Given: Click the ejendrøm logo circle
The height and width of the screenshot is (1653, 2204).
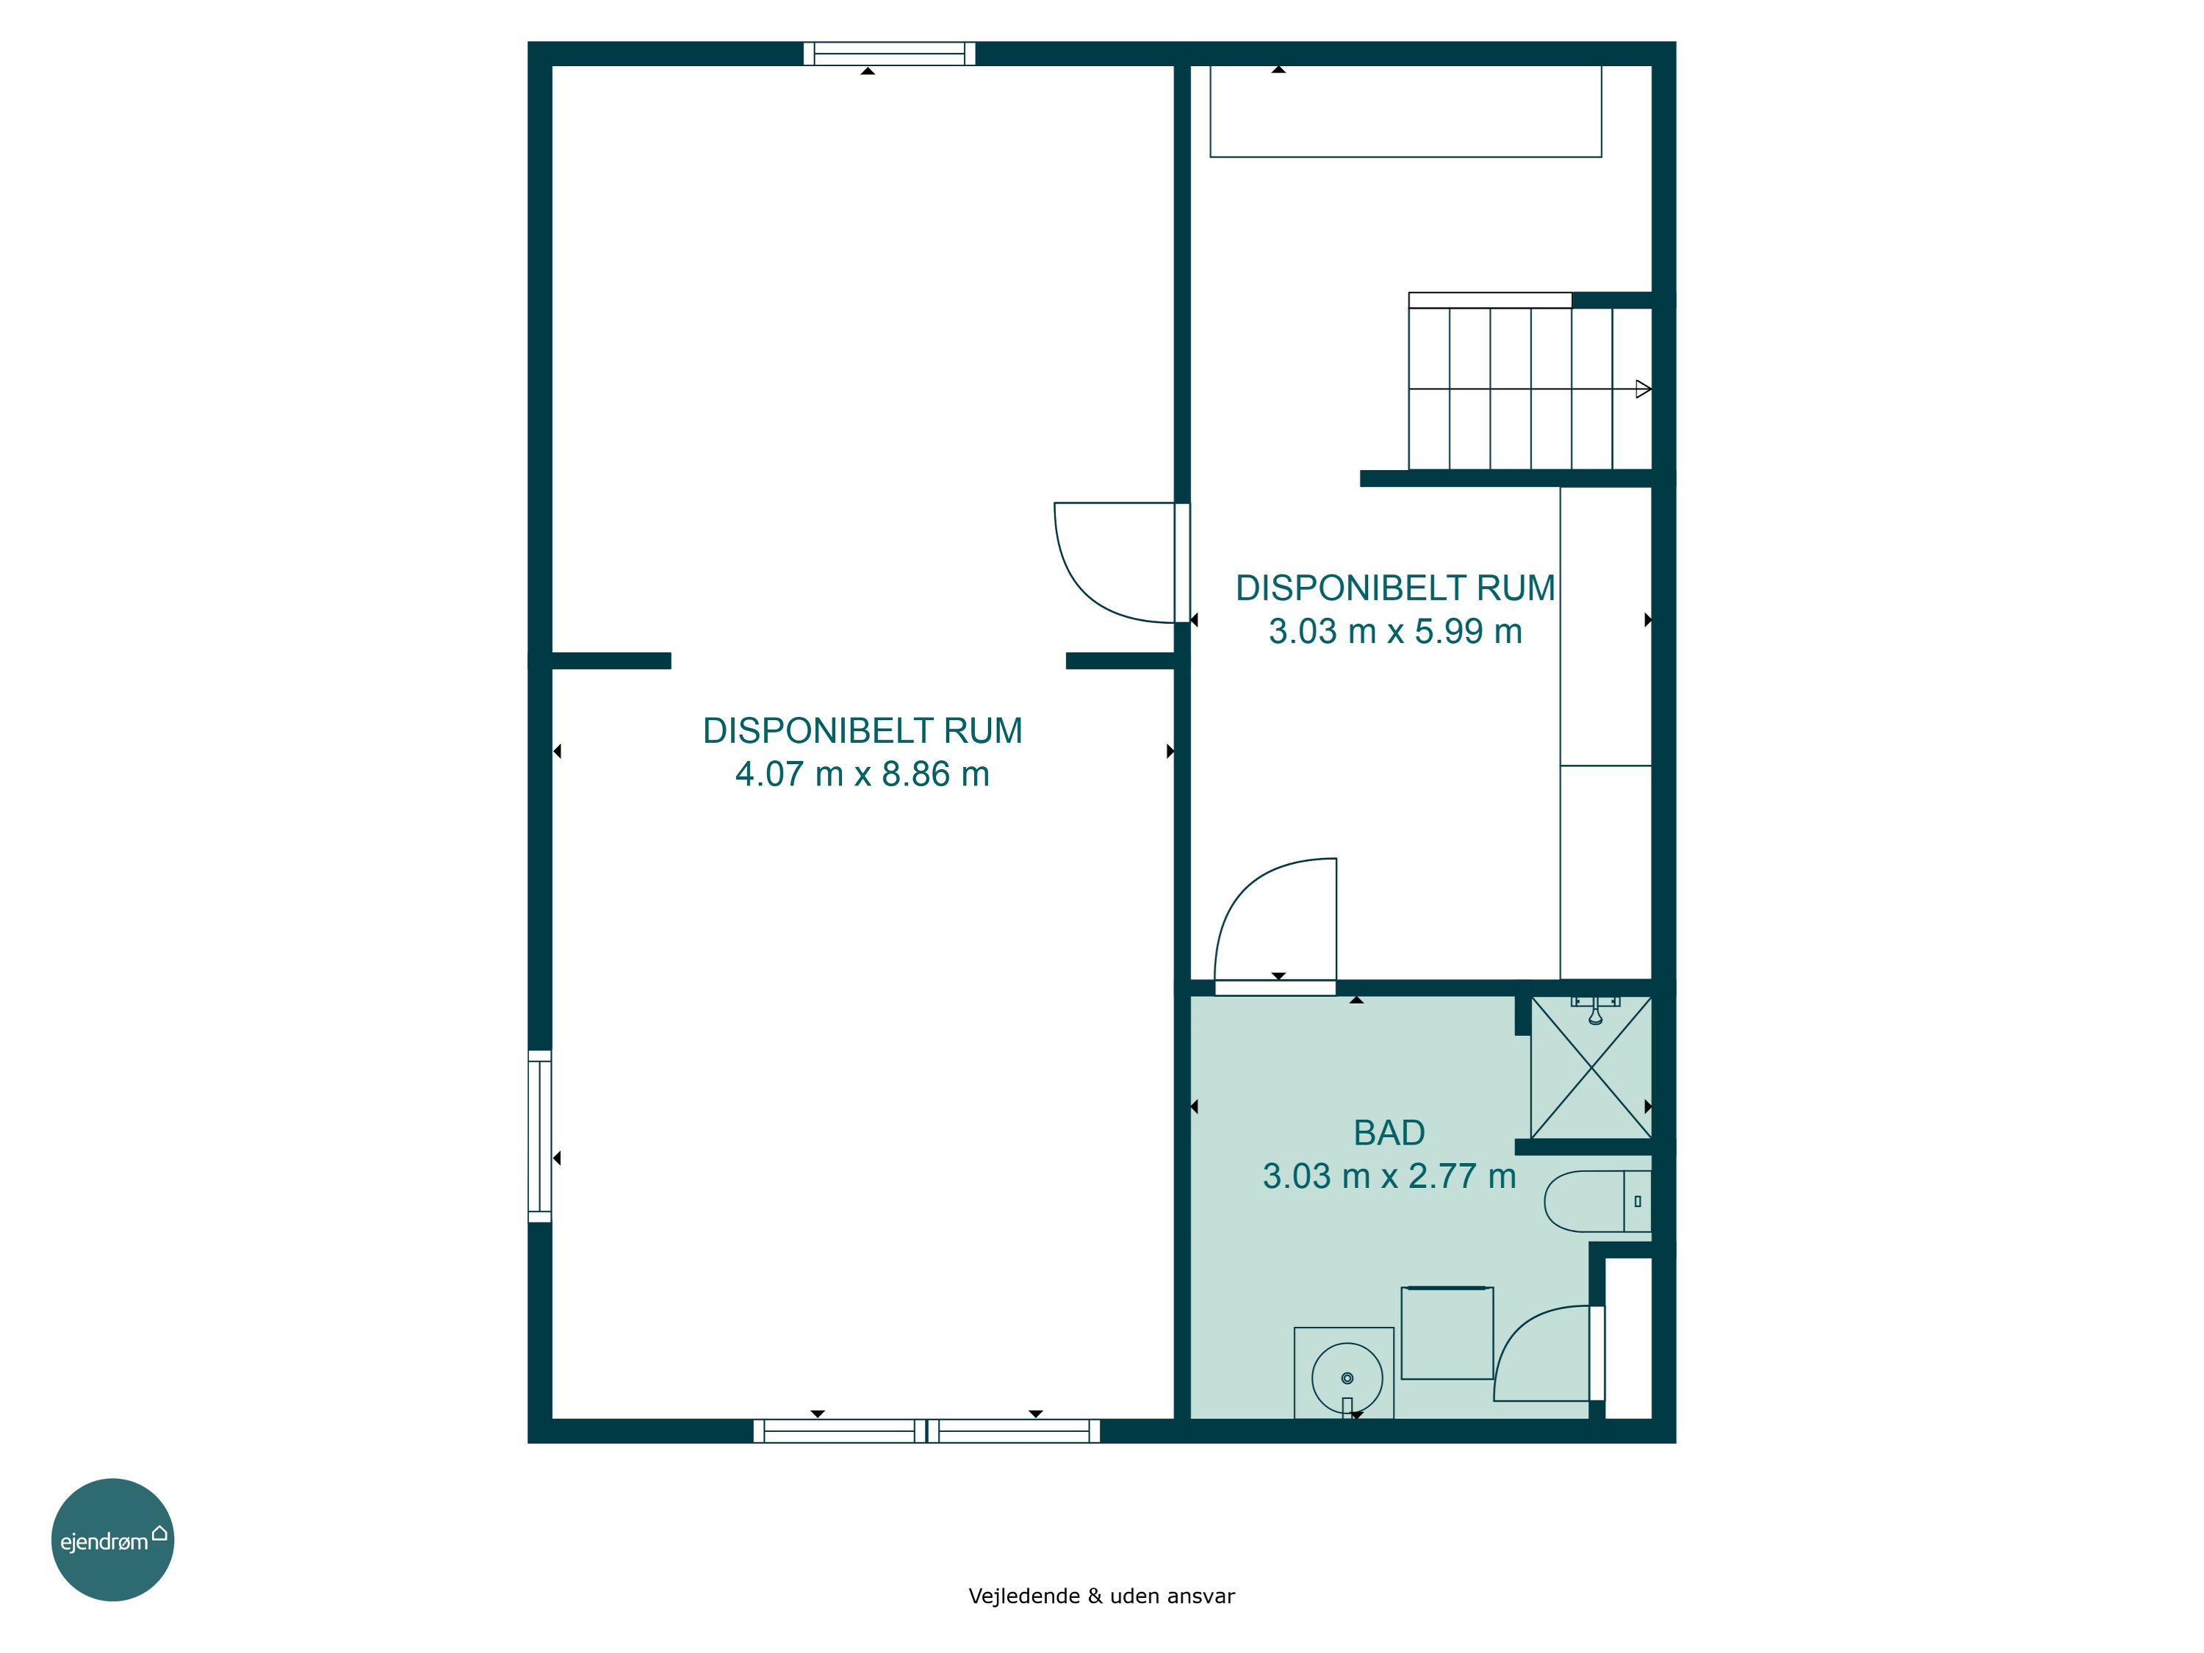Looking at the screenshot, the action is [112, 1539].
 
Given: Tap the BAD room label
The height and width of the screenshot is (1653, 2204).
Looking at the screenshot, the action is [1389, 1133].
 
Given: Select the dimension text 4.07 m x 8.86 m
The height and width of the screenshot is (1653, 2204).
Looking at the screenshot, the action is [862, 774].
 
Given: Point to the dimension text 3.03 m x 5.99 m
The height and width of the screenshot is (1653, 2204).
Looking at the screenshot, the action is [1395, 630].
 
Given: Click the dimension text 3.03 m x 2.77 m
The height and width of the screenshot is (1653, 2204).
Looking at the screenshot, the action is [1389, 1175].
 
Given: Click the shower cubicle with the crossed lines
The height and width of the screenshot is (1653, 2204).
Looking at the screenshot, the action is [1591, 1067].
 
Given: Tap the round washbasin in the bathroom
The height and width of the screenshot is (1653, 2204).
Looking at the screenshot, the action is [1347, 1378].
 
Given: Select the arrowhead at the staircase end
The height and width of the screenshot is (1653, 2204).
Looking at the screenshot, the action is [1643, 389].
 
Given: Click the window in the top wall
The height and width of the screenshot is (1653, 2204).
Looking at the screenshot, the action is [889, 54].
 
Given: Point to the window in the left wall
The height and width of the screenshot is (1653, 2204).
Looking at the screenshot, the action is [539, 1136].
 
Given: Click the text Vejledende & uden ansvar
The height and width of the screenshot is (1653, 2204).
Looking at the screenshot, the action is [1101, 1596].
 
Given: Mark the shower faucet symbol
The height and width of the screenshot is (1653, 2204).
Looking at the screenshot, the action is [1595, 1009].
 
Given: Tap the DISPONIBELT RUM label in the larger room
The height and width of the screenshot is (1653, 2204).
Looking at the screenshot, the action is [862, 730].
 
